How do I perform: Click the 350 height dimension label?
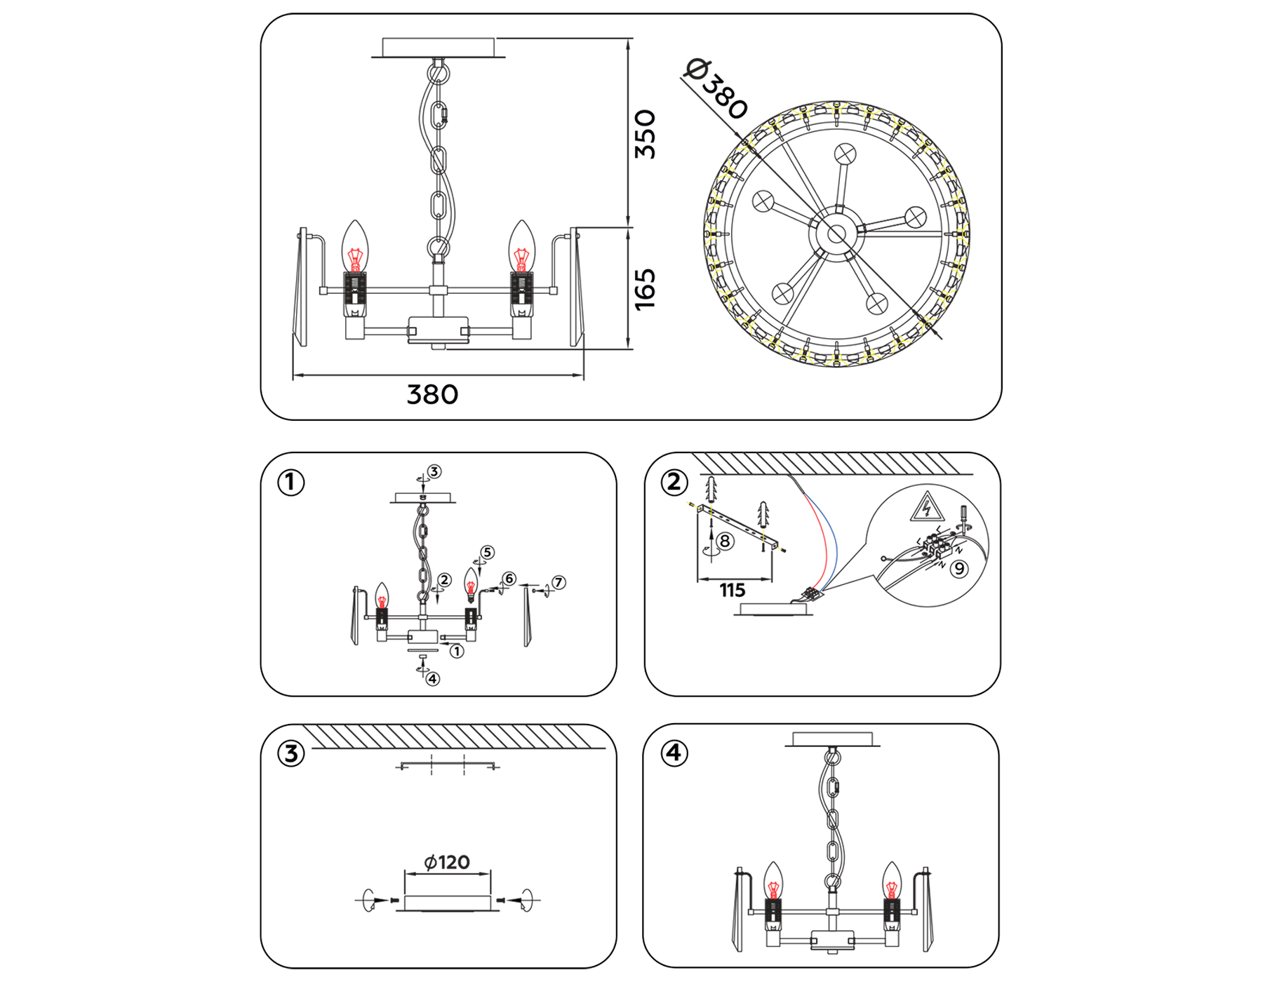point(645,134)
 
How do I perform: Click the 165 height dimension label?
point(645,288)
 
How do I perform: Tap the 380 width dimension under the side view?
point(432,395)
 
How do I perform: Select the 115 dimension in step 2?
point(732,591)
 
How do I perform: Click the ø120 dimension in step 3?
point(447,862)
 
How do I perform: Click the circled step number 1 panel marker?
point(291,483)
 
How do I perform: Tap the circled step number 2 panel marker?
point(674,483)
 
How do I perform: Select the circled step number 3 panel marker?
point(291,754)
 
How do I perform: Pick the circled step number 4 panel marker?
point(674,753)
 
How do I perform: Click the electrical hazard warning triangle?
point(926,507)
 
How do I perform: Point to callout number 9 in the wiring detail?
point(958,569)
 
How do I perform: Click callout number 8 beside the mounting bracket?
point(725,541)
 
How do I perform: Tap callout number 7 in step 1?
point(559,582)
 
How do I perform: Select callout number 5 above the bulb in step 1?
point(487,553)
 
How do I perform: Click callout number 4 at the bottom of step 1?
point(433,679)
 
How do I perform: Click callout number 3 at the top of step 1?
point(434,471)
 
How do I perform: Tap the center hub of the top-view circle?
point(836,235)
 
